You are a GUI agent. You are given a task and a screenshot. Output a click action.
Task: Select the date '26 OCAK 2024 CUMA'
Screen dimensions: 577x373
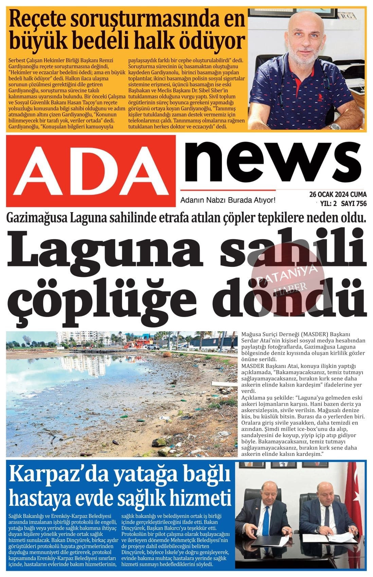338,195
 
